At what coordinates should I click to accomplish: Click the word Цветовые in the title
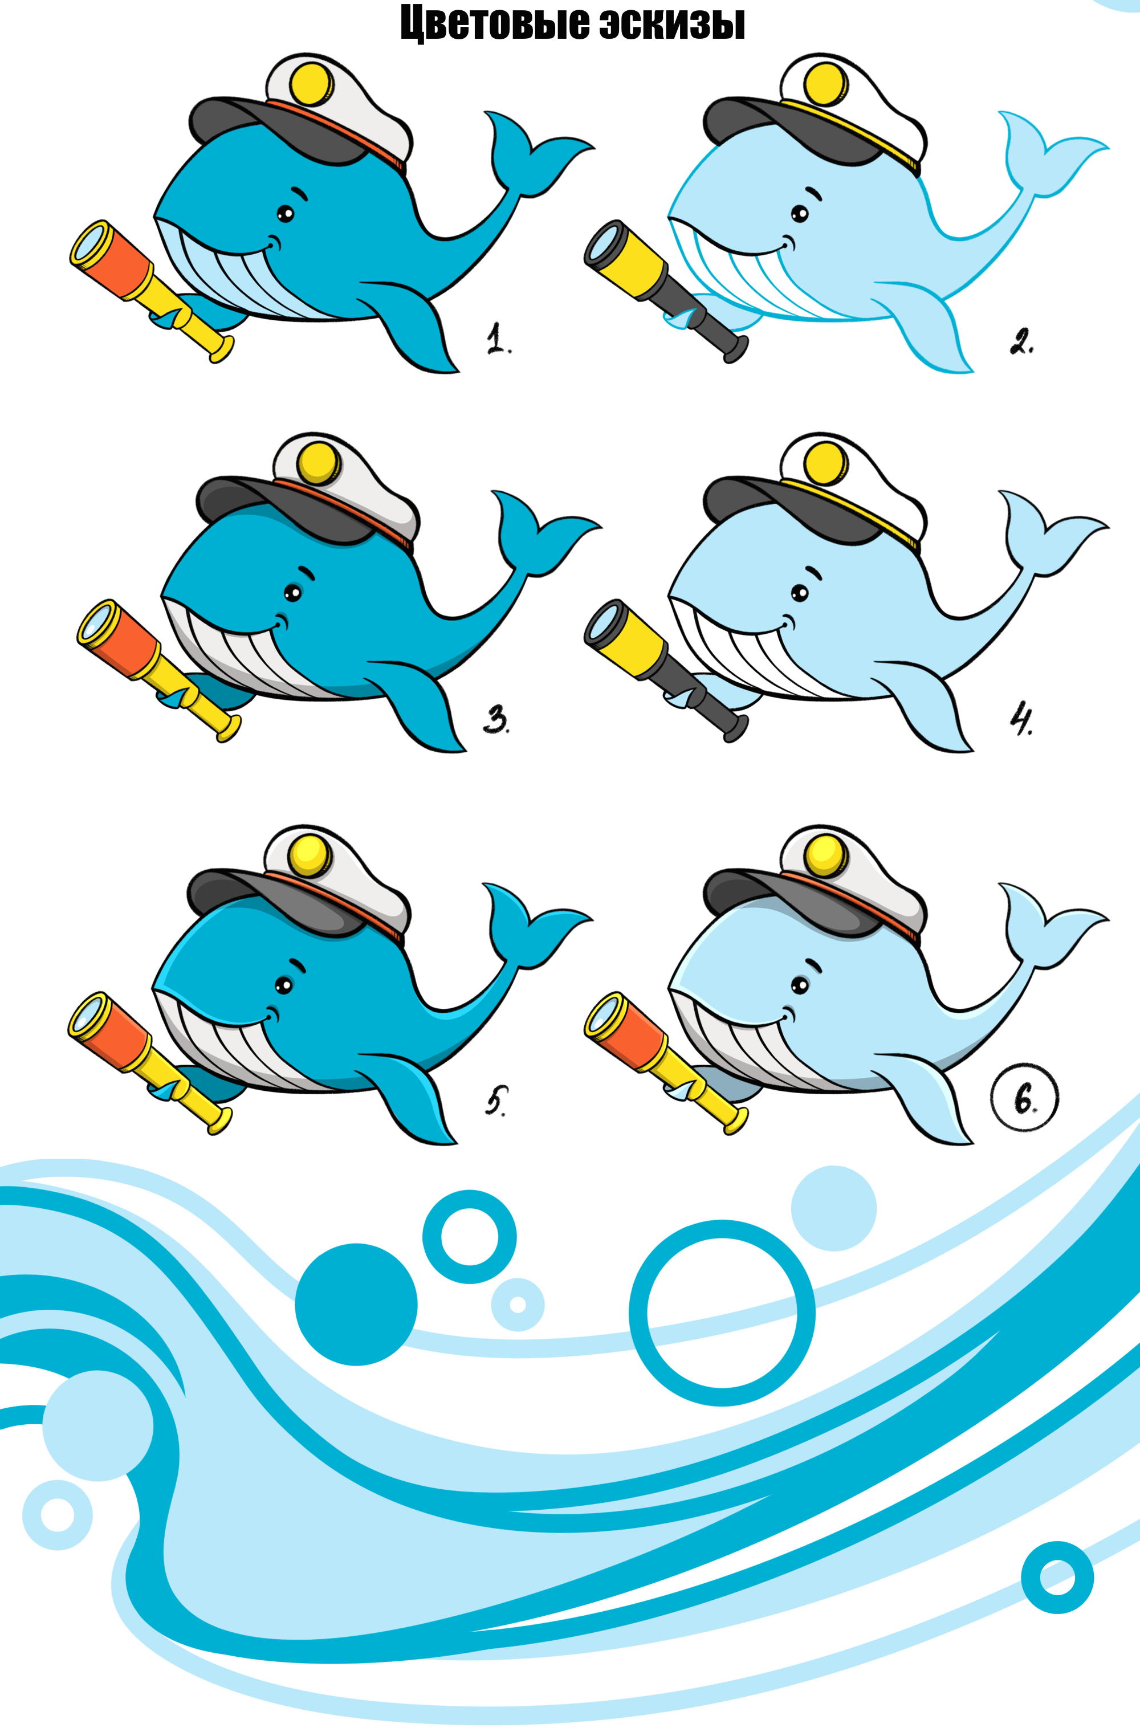495,23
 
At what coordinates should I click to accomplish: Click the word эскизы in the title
673,23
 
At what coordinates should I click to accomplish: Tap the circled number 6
1025,1098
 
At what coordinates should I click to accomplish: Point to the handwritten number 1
499,339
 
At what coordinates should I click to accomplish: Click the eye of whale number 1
285,214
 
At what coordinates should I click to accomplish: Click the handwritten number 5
496,1101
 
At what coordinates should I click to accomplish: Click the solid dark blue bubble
356,1303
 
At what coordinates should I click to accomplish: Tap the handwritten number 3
496,720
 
